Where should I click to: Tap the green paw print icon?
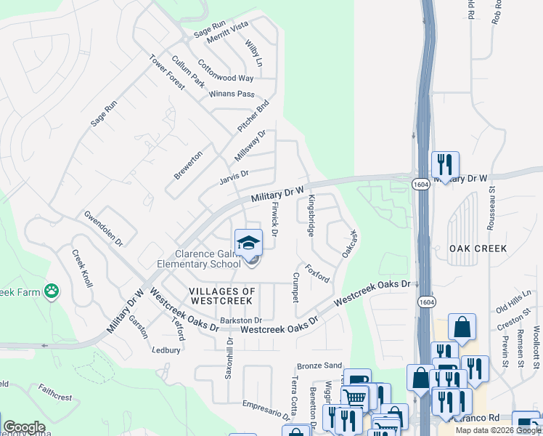(x=52, y=291)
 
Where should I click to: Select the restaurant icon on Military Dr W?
(x=444, y=164)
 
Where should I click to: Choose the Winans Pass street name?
(x=232, y=94)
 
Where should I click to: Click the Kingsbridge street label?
(x=311, y=215)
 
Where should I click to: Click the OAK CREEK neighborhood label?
(x=477, y=249)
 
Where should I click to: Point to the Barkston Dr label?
(x=240, y=320)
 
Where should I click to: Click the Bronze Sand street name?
(x=319, y=366)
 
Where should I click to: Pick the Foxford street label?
(x=317, y=273)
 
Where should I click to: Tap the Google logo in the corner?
(x=24, y=427)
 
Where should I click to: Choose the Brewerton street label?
(x=188, y=165)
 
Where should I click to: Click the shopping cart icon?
(x=355, y=397)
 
